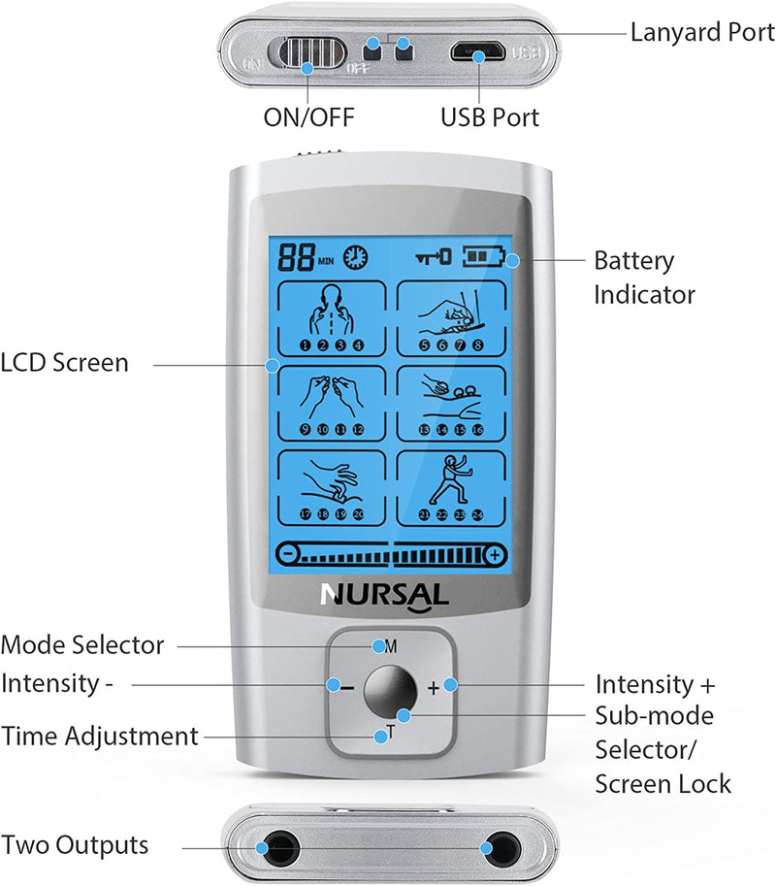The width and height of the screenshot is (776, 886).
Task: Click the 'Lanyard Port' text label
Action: pos(702,32)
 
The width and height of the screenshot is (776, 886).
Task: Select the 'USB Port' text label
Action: pos(490,117)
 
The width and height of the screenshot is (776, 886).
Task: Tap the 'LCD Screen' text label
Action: pos(64,363)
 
